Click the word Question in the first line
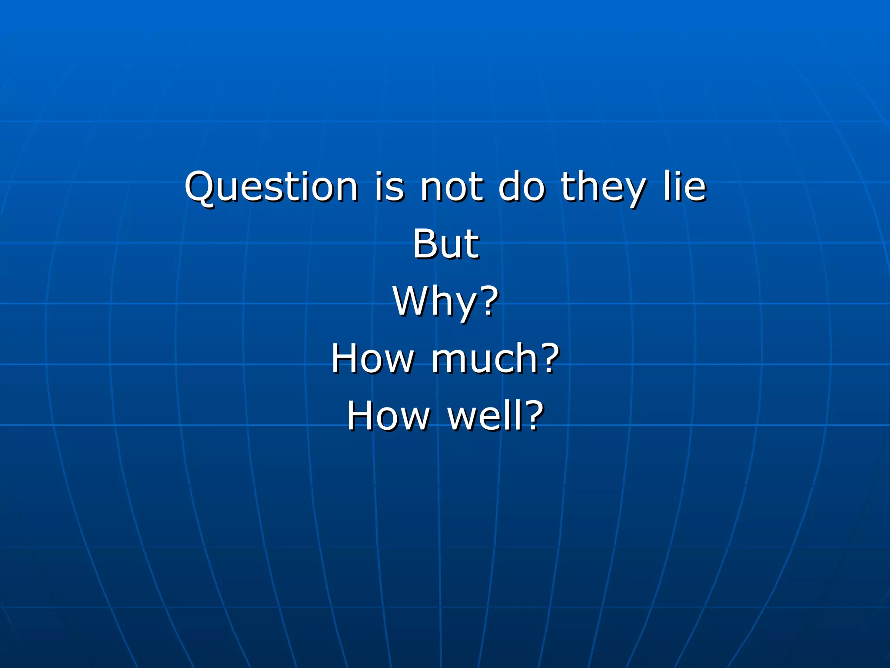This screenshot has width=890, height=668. (x=271, y=187)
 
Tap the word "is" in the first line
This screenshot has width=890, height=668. (x=389, y=187)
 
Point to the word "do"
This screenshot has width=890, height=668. (x=521, y=187)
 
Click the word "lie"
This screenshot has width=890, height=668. (x=684, y=187)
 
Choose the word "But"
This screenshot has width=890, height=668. (x=445, y=244)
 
